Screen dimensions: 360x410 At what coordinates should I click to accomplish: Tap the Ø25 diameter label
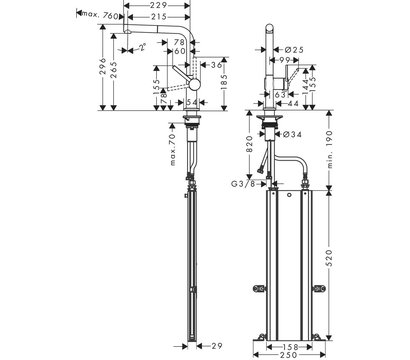pos(293,48)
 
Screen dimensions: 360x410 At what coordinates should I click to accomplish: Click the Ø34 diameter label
pos(295,136)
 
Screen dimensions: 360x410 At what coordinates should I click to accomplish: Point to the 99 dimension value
pos(284,60)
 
